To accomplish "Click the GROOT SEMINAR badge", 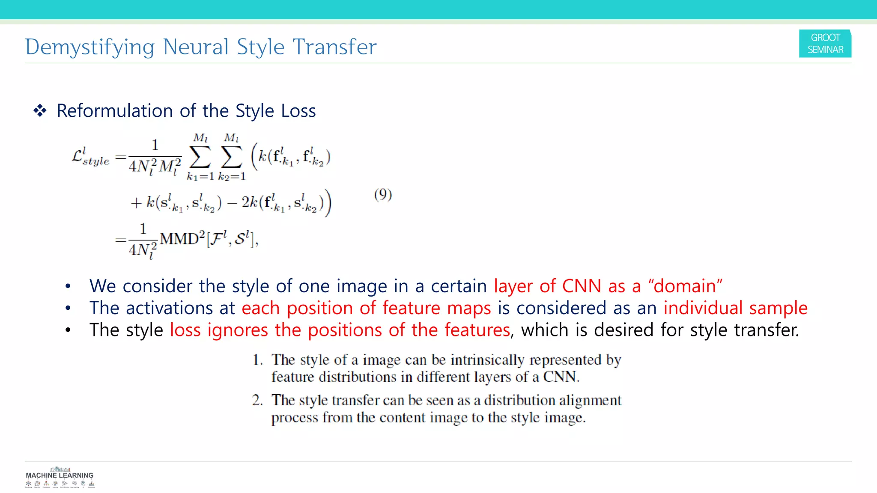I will click(x=825, y=44).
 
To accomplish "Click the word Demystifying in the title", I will click(x=89, y=47).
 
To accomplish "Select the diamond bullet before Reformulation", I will click(x=40, y=111).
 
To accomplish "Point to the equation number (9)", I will click(x=383, y=195).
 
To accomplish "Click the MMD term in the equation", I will click(x=179, y=238).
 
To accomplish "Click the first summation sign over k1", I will click(x=200, y=157).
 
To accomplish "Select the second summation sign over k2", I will click(x=231, y=157).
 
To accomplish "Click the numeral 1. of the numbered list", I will click(x=257, y=360).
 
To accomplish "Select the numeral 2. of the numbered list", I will click(x=257, y=400).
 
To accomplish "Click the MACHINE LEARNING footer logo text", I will click(x=60, y=475).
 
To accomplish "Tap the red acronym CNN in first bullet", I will click(x=582, y=286).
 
